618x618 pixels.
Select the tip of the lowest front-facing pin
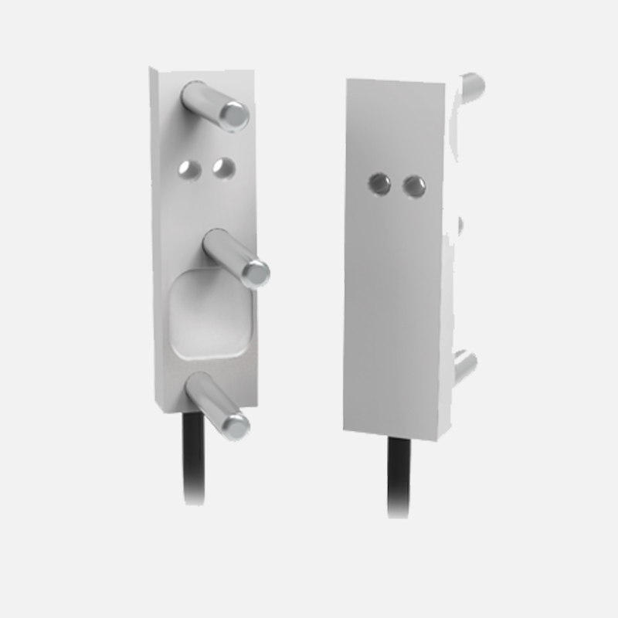point(233,423)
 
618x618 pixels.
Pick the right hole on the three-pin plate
point(223,168)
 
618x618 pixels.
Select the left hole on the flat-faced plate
point(379,183)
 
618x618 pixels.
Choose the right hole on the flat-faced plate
point(415,185)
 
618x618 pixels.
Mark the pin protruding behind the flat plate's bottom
point(465,365)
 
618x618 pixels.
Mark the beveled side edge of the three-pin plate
point(157,232)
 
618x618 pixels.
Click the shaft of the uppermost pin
point(210,104)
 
